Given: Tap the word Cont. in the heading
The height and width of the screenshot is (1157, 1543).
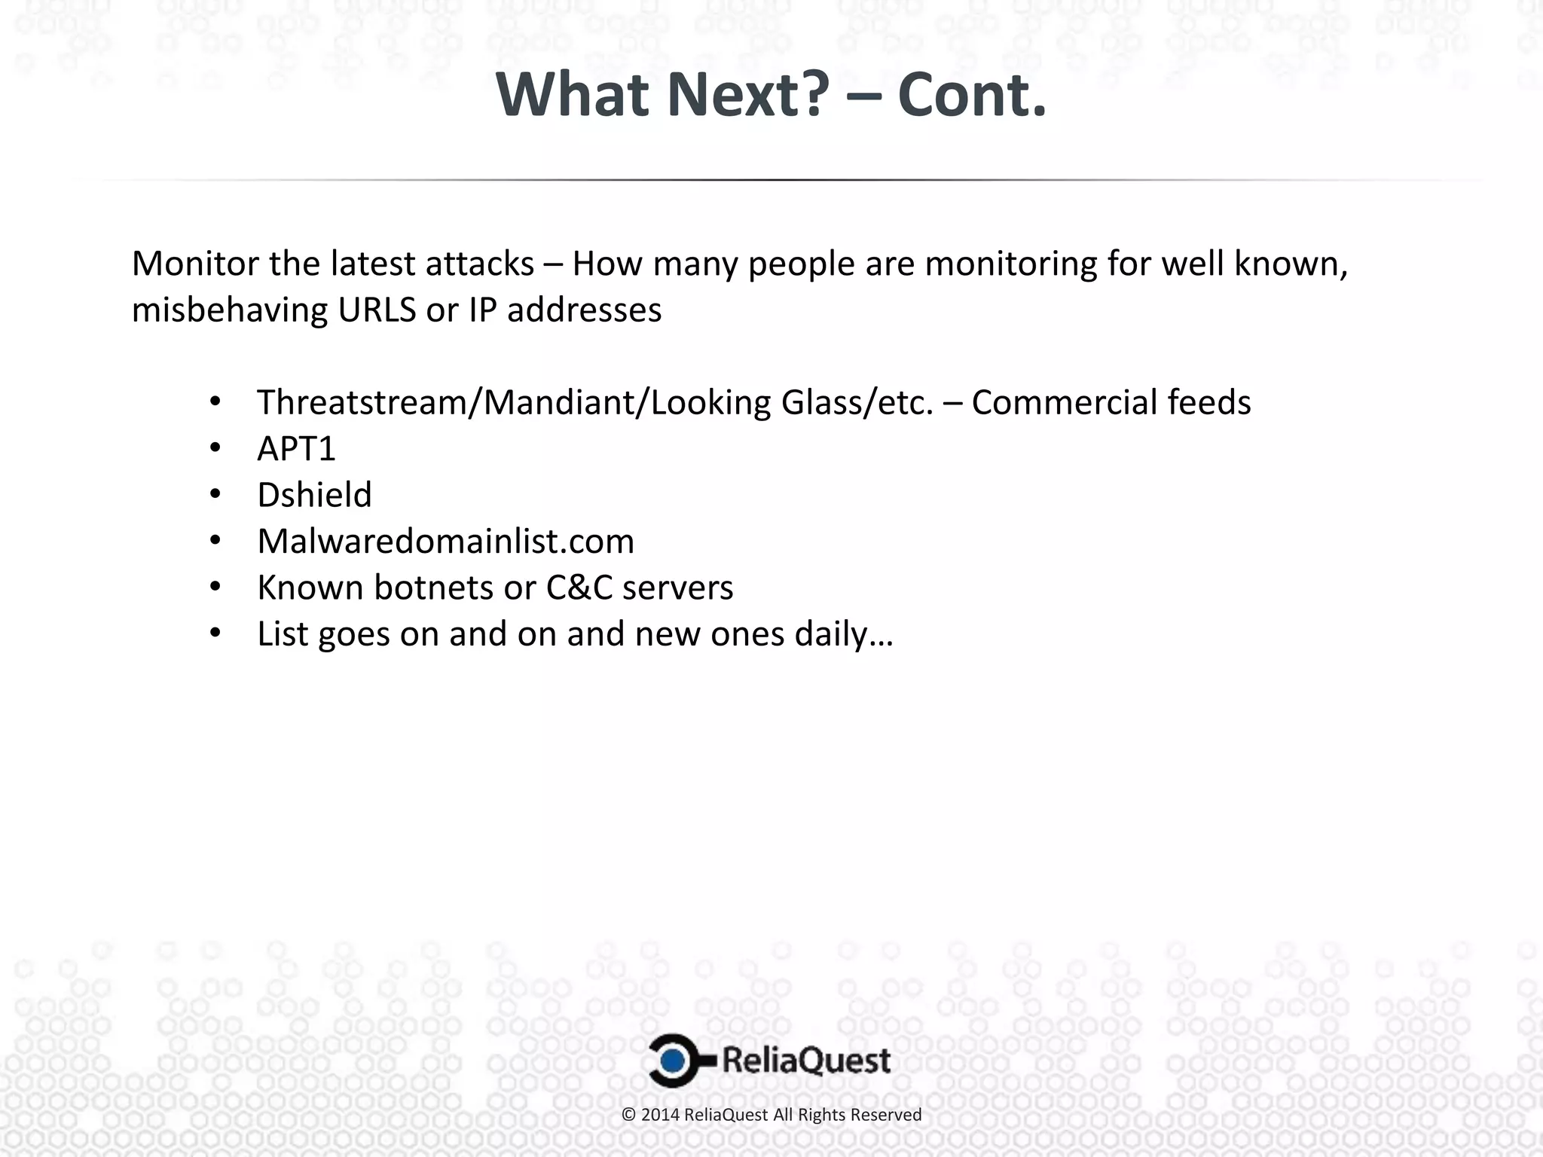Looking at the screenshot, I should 972,96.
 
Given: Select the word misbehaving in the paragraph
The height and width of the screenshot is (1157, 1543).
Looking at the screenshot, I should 230,310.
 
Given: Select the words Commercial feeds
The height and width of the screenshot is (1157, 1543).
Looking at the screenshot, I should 1111,403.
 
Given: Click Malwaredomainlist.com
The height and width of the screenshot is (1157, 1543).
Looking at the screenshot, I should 445,542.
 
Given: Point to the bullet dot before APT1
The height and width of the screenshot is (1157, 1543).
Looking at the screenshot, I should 215,449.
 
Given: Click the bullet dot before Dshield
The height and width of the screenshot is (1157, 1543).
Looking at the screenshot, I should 215,495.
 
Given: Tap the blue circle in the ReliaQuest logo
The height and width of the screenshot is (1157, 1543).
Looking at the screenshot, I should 674,1061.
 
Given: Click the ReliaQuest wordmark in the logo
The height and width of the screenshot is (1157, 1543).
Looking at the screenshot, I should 806,1061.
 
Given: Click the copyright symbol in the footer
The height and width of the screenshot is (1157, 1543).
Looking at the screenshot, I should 629,1115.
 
